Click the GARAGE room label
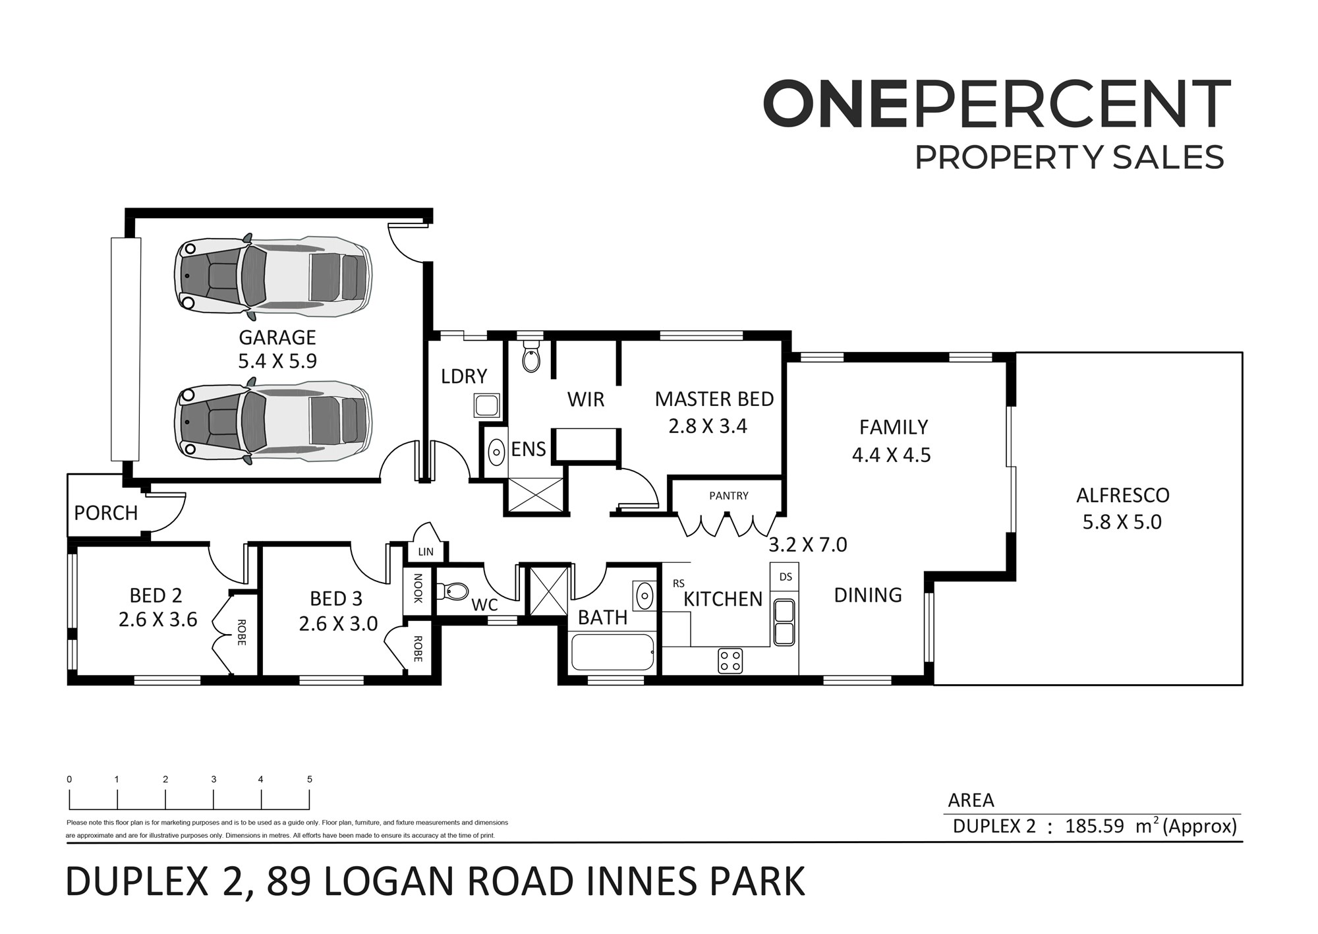(x=277, y=337)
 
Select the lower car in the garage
(x=273, y=421)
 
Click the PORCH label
(x=106, y=513)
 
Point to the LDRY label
(x=464, y=376)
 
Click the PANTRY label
(x=729, y=496)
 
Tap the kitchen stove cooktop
(x=730, y=661)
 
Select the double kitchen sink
(x=784, y=622)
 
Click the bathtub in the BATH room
(x=613, y=652)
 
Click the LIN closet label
(x=426, y=552)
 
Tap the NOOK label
(x=418, y=588)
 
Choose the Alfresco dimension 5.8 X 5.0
(x=1122, y=522)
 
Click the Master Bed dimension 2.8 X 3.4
(x=708, y=426)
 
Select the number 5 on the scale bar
(x=310, y=779)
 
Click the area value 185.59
(x=1095, y=826)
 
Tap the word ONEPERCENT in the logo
(x=996, y=103)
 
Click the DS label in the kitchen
(x=786, y=577)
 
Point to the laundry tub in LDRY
(x=487, y=405)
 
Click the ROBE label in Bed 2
(x=241, y=633)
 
